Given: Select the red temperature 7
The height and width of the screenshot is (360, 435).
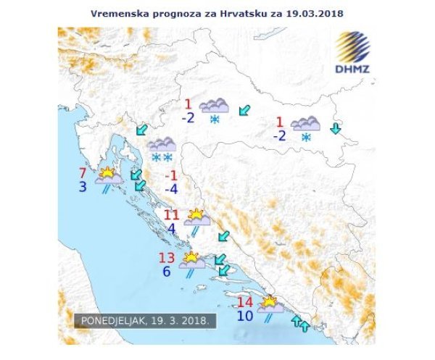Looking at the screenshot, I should [83, 173].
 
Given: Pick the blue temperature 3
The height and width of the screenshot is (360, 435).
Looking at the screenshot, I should [83, 188].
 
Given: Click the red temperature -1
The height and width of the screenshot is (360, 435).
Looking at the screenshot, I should [171, 176].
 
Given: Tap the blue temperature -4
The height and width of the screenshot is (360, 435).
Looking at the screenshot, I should [171, 191].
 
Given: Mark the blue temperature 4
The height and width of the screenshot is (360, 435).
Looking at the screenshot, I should [171, 230].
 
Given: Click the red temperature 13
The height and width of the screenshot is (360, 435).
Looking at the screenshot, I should [166, 258].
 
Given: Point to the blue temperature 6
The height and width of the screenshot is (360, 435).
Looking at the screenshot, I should [166, 272].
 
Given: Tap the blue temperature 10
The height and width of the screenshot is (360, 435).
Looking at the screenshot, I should [246, 315].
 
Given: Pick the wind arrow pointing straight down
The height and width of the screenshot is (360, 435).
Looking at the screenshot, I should [335, 130].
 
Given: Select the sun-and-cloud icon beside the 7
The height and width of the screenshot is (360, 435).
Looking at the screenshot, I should [108, 176].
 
